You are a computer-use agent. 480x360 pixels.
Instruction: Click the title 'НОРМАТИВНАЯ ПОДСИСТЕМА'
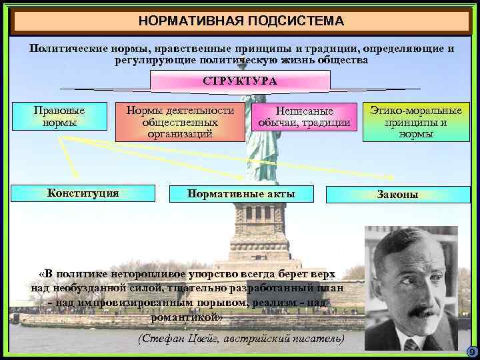241,21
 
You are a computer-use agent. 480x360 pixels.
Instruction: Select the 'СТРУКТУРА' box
240,81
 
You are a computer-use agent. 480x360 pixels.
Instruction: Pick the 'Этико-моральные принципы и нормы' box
416,121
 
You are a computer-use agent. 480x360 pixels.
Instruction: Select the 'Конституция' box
83,193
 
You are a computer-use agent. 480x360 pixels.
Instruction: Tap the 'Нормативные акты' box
241,194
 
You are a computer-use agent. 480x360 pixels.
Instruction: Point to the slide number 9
471,351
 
